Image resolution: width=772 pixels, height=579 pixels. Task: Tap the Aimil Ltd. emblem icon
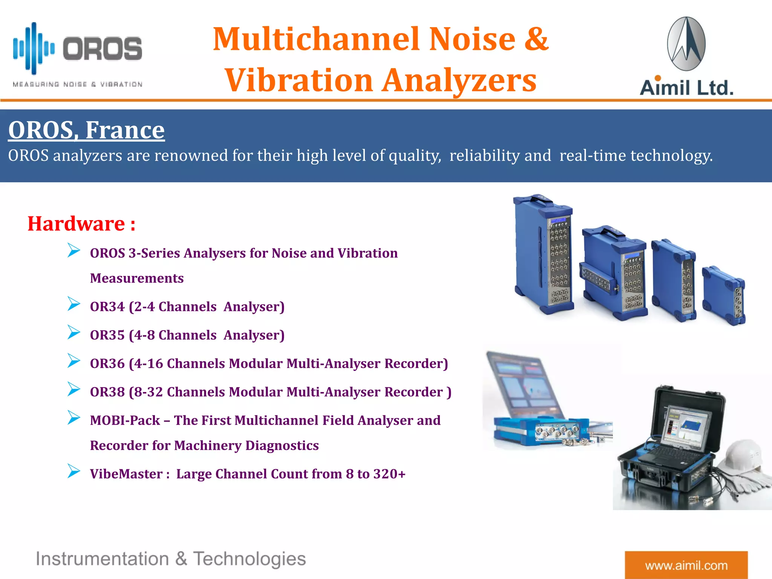click(686, 44)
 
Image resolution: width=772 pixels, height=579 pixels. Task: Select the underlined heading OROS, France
click(86, 130)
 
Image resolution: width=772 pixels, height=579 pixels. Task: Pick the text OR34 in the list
click(107, 307)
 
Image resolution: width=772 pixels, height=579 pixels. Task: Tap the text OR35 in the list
click(107, 335)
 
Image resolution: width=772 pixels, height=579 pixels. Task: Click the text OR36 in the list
click(107, 363)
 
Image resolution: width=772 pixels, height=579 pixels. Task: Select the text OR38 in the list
click(107, 392)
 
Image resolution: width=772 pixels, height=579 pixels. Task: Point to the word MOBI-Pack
click(125, 420)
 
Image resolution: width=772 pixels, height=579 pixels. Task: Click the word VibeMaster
click(126, 474)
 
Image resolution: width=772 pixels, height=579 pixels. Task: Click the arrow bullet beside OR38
click(74, 389)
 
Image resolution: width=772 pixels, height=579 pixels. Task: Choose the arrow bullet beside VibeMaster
click(74, 471)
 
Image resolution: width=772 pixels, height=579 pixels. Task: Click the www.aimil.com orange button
click(686, 565)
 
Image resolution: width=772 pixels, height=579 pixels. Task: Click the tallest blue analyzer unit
click(543, 254)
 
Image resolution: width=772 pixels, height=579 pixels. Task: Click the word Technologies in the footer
click(249, 559)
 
